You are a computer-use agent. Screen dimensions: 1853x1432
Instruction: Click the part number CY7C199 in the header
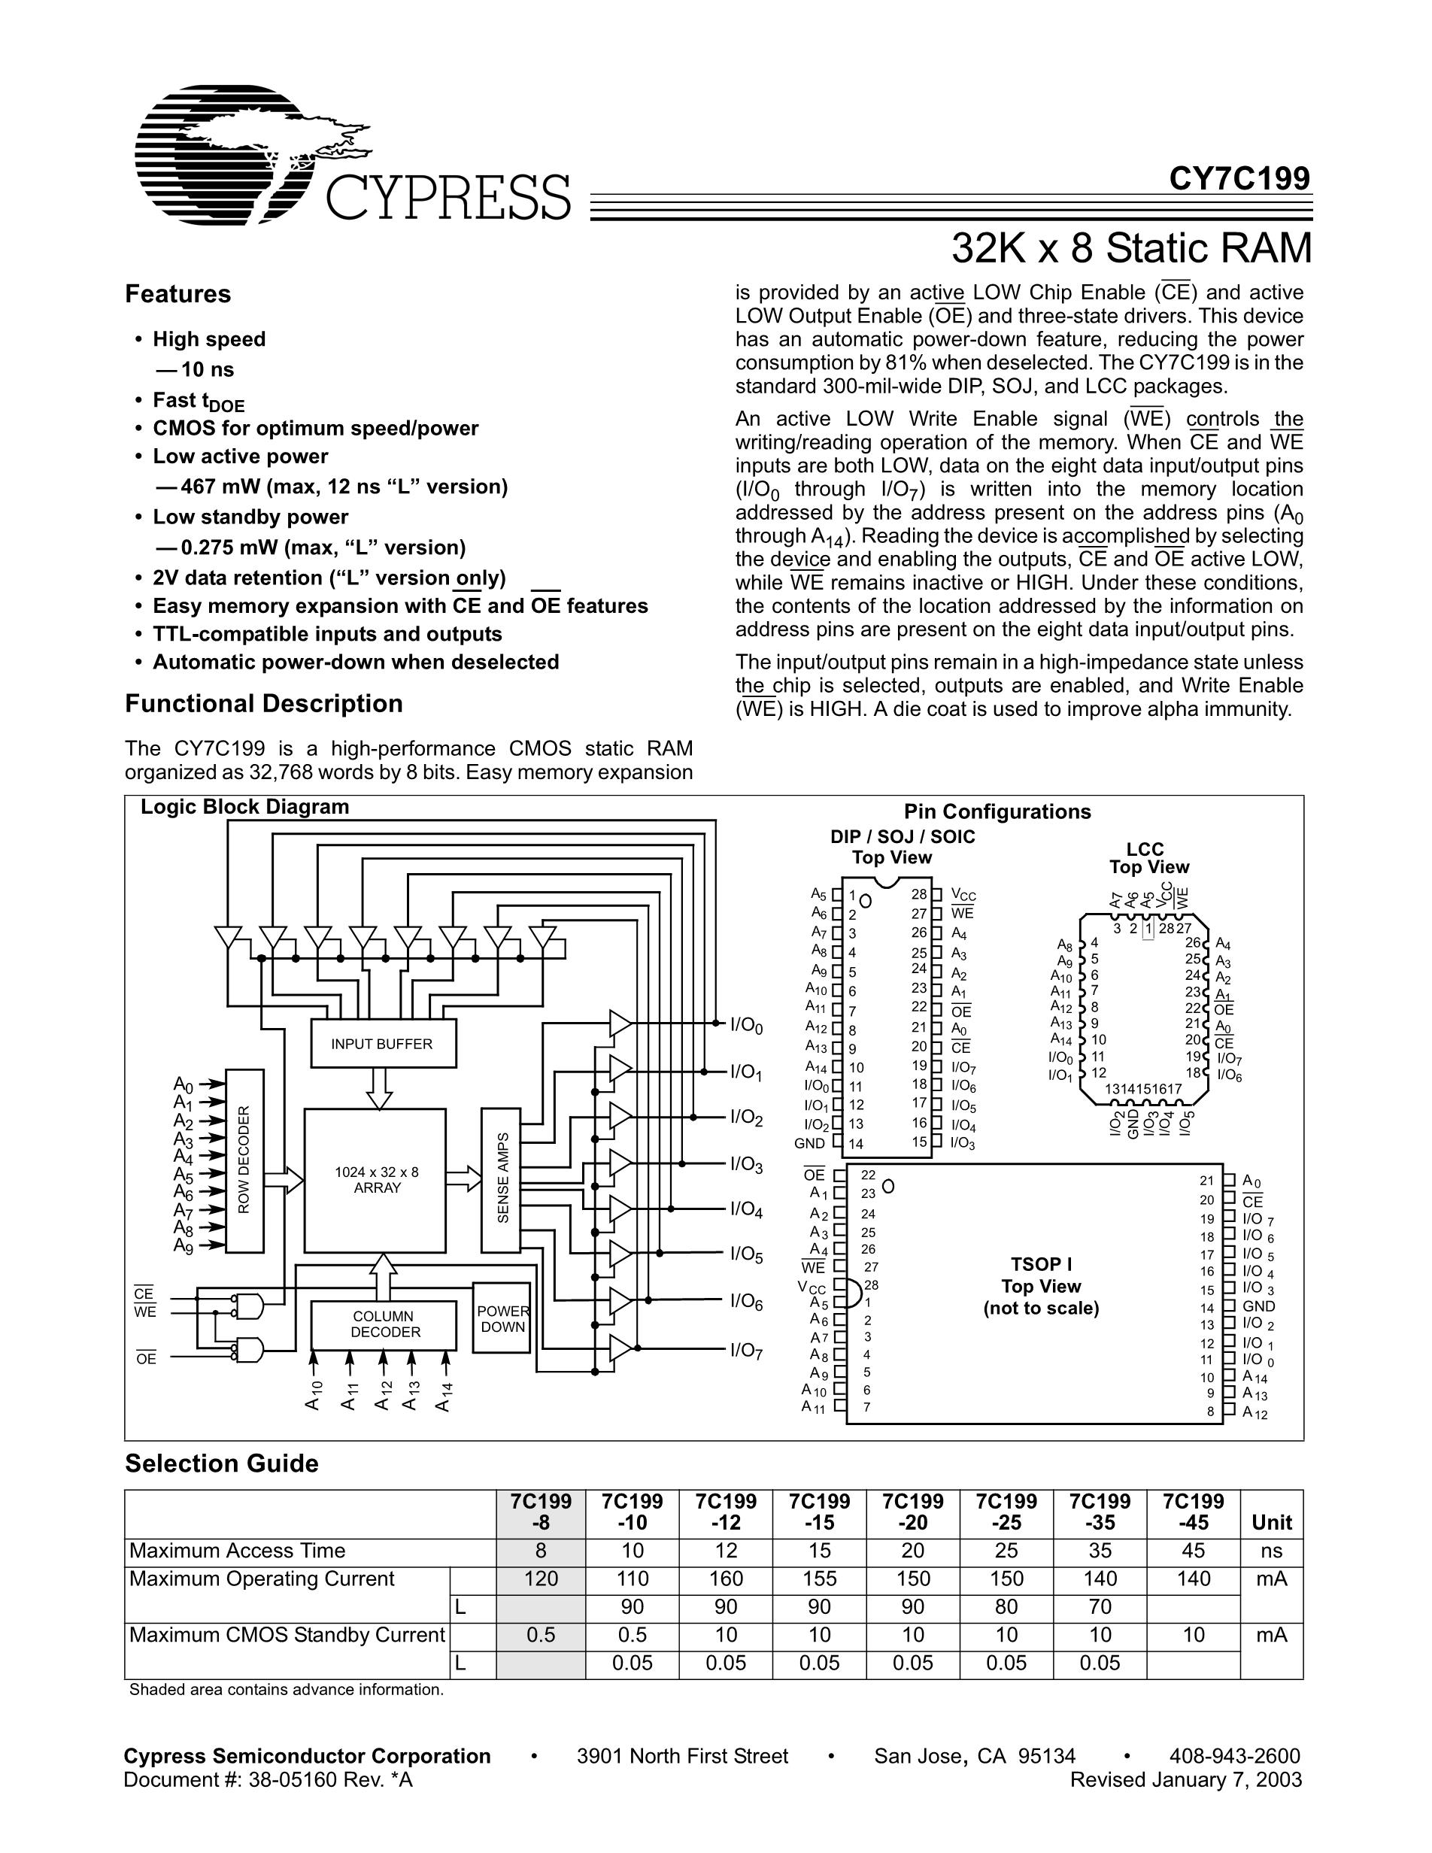point(1239,179)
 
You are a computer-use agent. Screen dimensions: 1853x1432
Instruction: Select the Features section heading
point(178,294)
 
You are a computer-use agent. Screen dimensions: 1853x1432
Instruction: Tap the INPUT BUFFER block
point(382,1044)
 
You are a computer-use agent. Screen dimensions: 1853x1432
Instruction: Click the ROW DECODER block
point(244,1160)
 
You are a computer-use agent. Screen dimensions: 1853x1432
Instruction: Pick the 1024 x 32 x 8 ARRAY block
point(376,1180)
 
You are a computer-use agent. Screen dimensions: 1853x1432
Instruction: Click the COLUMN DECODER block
point(385,1324)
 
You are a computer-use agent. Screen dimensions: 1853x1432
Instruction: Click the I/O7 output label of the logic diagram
point(747,1350)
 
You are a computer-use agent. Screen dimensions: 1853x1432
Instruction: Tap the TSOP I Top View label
point(1041,1286)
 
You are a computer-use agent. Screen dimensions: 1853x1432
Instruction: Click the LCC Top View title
point(1148,858)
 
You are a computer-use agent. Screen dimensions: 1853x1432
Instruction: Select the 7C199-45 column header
point(1193,1511)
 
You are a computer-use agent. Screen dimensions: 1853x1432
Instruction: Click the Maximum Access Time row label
point(238,1551)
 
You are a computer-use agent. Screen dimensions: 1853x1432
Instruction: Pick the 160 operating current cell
point(727,1579)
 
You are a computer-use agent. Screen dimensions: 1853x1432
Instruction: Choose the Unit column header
point(1271,1522)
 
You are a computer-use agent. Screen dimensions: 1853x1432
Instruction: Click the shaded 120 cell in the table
point(541,1579)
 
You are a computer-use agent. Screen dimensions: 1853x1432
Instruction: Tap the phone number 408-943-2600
point(1234,1755)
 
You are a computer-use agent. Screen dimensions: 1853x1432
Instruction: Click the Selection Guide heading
point(221,1463)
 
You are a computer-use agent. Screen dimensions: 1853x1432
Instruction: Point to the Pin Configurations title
point(997,812)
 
